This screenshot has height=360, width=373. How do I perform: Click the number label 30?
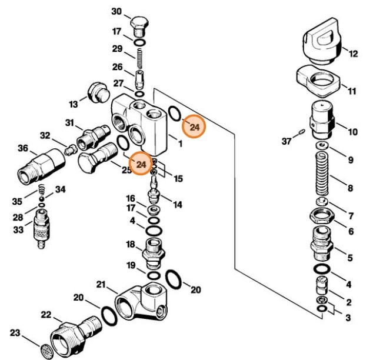point(116,12)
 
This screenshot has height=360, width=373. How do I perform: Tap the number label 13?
point(73,104)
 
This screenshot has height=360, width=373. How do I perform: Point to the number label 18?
point(129,244)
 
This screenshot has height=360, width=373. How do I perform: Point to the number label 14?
point(177,204)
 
